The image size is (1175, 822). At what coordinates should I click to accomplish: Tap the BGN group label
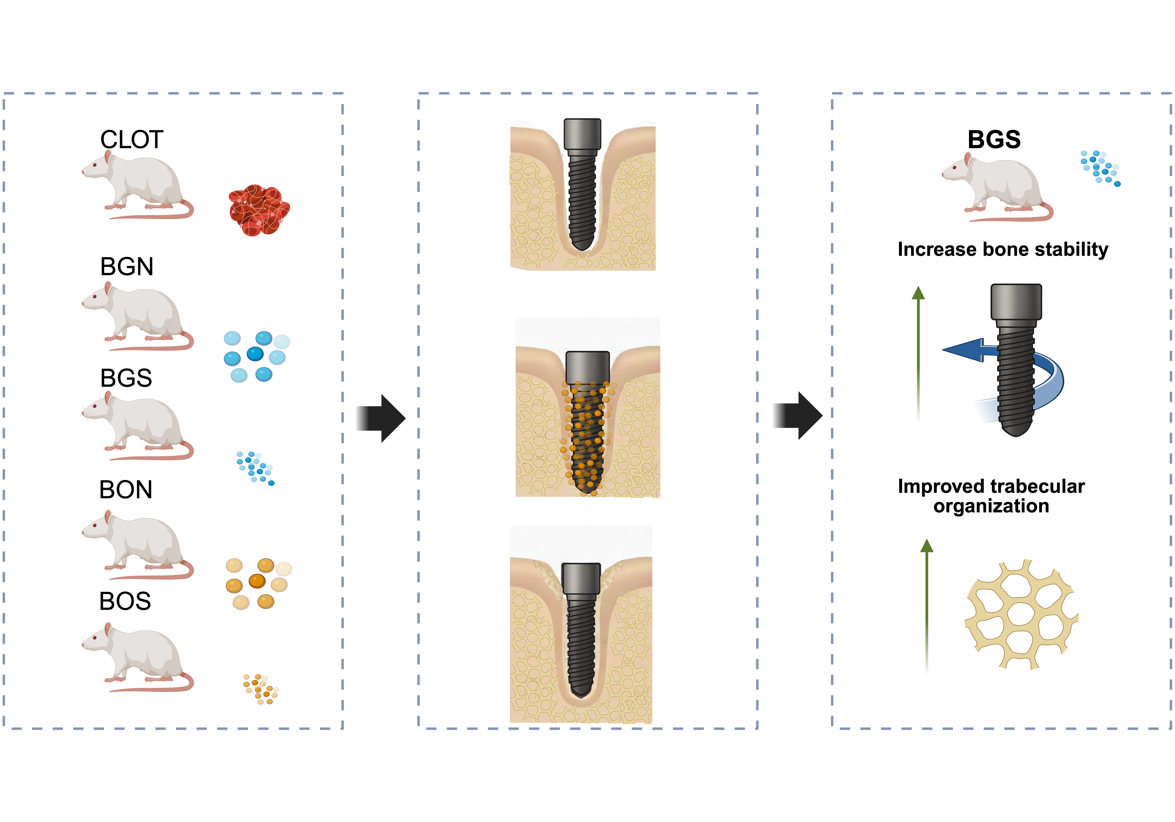pyautogui.click(x=126, y=267)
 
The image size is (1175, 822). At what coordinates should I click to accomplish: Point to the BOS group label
pyautogui.click(x=125, y=601)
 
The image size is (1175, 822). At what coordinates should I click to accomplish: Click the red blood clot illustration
pyautogui.click(x=259, y=210)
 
